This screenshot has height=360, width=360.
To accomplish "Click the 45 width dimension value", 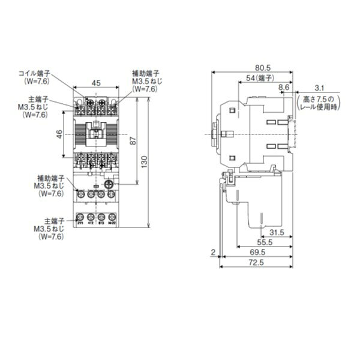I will [x=96, y=83].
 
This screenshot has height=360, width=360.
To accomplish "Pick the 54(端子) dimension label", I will [x=261, y=79].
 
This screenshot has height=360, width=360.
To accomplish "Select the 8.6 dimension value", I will [x=284, y=88].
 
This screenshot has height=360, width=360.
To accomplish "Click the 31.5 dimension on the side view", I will [x=276, y=232].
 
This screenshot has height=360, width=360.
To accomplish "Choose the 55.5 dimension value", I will [x=264, y=242].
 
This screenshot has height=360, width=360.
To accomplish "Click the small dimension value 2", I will [x=212, y=253].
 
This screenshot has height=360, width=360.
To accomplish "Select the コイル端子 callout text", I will [x=36, y=73].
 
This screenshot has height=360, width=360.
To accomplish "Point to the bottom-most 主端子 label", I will [x=45, y=221].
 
